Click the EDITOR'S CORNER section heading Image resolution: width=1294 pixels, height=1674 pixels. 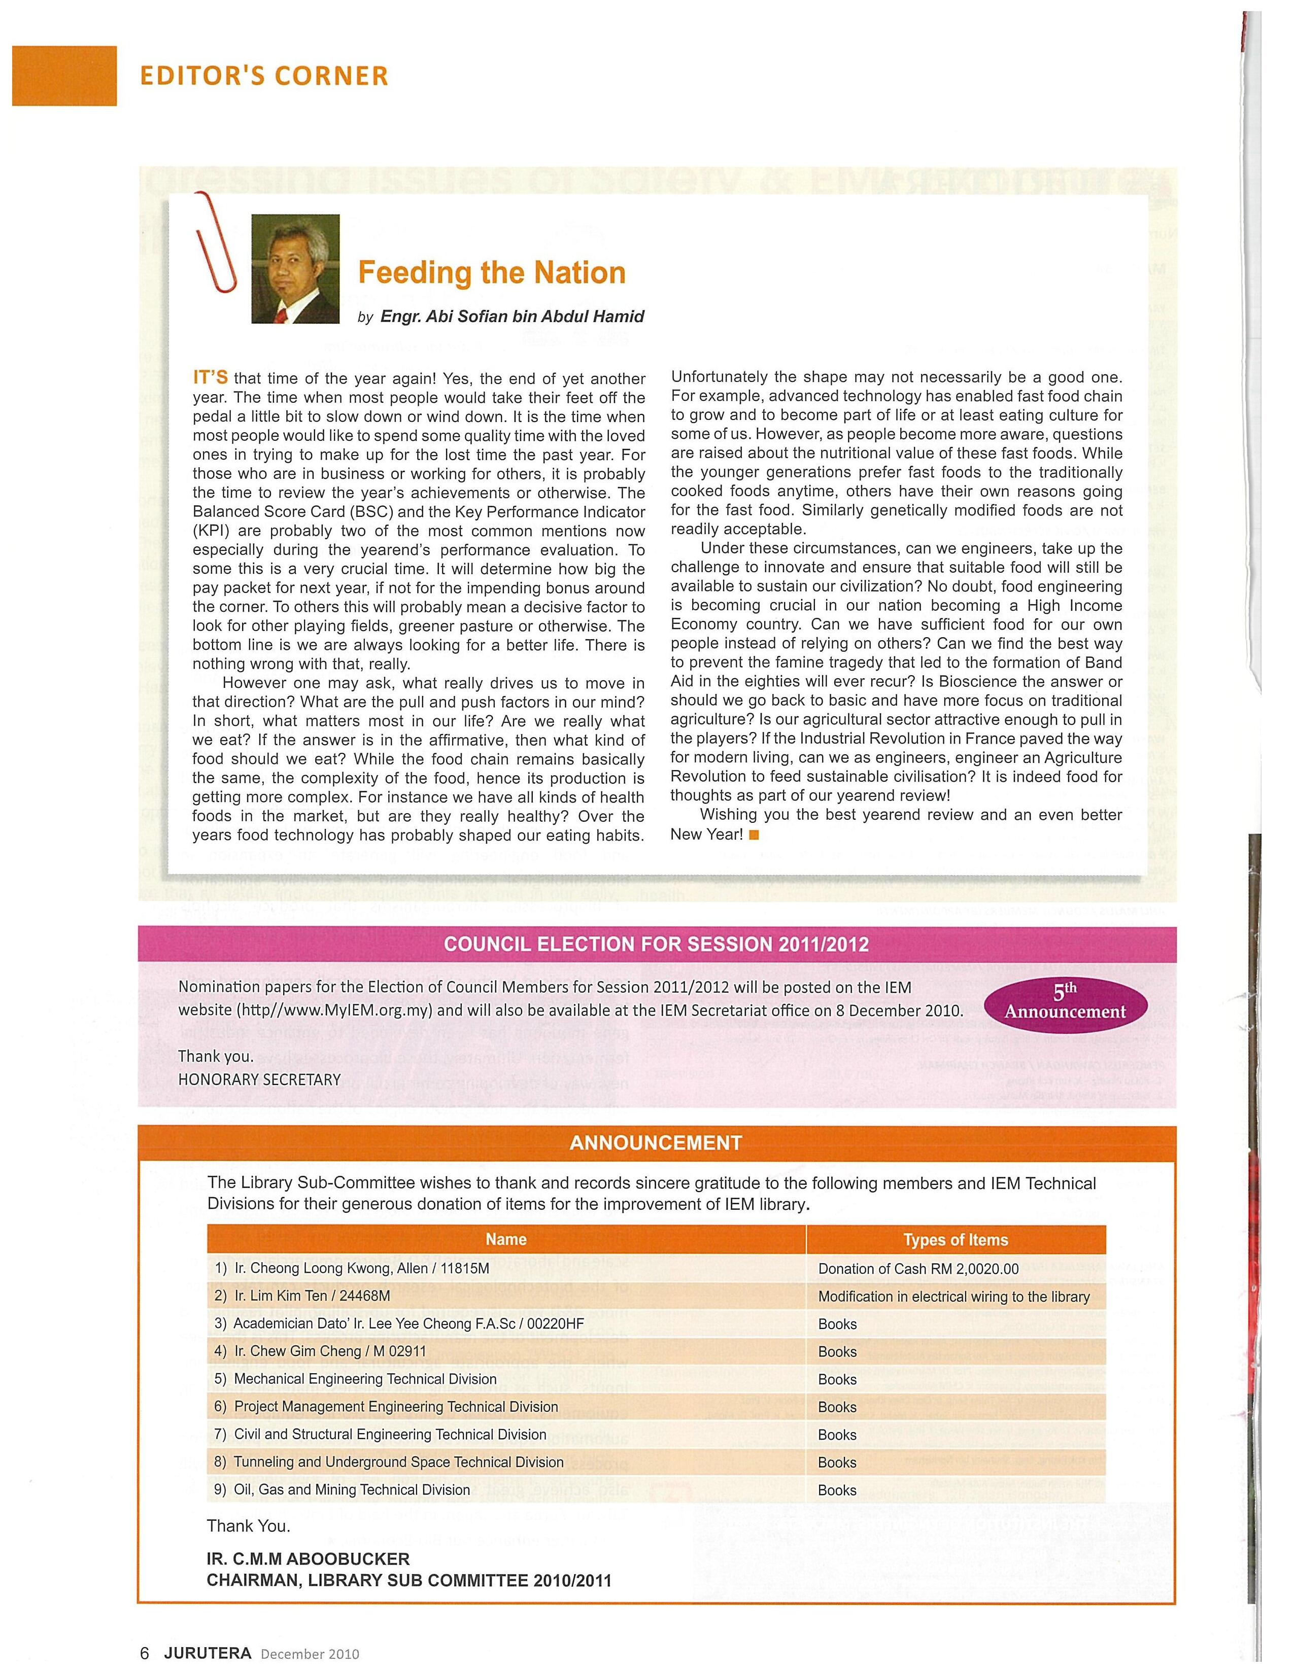click(x=264, y=76)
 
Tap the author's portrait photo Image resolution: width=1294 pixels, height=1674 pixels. click(x=295, y=269)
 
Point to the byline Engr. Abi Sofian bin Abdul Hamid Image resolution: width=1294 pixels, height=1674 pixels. click(x=512, y=317)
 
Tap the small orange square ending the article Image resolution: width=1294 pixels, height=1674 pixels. click(x=754, y=834)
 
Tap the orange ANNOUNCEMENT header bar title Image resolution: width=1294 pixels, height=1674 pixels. click(x=656, y=1143)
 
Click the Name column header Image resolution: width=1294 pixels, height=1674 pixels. click(x=506, y=1239)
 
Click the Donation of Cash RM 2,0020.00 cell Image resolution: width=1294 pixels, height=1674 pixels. click(x=918, y=1269)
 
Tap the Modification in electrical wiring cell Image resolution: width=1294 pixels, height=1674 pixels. click(x=954, y=1296)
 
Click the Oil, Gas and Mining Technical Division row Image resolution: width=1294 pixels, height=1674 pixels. click(x=352, y=1489)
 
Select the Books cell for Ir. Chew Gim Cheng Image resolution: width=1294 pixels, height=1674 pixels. click(x=837, y=1351)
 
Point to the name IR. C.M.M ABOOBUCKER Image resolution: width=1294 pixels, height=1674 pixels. click(x=308, y=1558)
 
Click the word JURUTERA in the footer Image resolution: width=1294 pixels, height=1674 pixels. click(x=208, y=1653)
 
